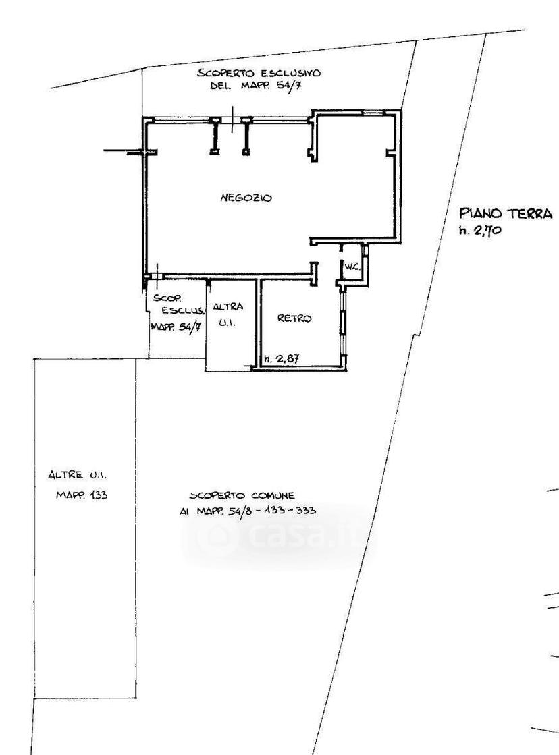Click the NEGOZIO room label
click(246, 198)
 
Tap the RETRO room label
click(294, 318)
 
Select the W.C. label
click(352, 267)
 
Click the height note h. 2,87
click(282, 359)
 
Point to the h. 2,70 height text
click(480, 231)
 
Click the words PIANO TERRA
click(506, 213)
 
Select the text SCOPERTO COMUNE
click(242, 495)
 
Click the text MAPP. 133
click(82, 495)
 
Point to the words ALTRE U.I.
click(78, 475)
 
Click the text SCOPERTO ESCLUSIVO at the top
click(259, 73)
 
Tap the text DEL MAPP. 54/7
click(259, 86)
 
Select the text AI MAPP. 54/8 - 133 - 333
click(248, 511)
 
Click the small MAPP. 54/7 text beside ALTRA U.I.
click(176, 327)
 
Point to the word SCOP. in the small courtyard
click(164, 298)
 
